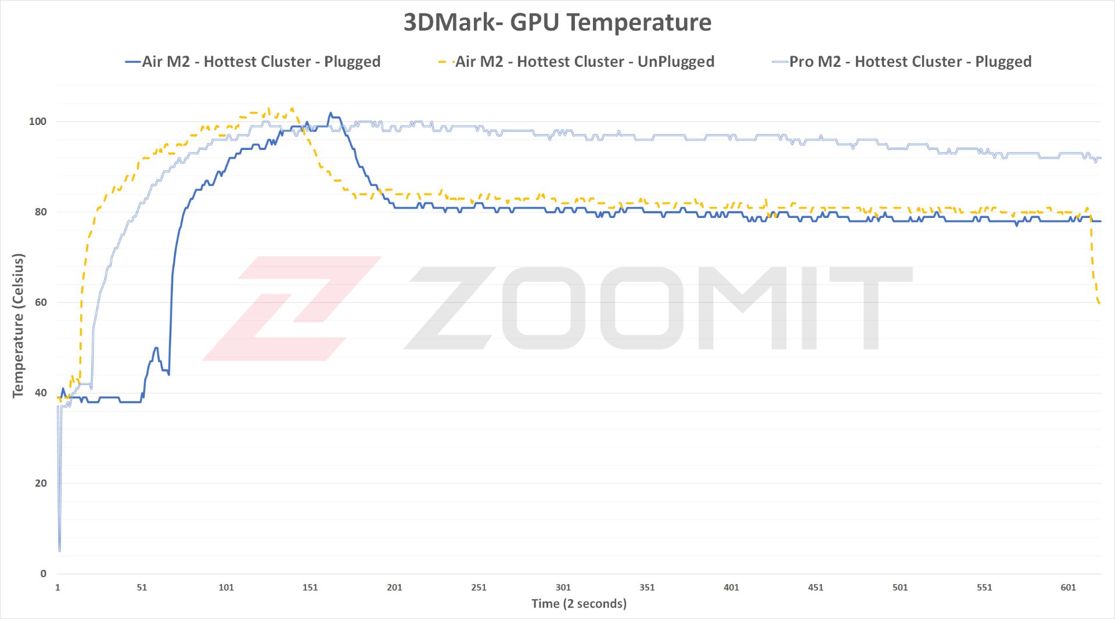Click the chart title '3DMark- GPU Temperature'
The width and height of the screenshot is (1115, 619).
557,23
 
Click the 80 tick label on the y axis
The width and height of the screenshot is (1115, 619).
41,212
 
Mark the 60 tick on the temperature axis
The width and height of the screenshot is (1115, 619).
41,302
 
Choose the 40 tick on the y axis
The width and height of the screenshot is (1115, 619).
41,393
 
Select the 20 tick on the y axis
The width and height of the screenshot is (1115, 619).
41,483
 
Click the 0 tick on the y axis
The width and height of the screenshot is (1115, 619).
44,574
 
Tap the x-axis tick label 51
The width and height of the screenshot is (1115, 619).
142,587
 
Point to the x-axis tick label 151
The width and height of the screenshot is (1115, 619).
310,587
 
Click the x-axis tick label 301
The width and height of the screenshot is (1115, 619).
563,587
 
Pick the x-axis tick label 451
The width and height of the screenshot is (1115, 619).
815,587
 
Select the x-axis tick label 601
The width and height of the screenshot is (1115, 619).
1068,587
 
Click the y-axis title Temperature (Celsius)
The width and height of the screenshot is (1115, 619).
18,325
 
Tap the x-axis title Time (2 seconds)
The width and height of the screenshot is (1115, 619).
579,603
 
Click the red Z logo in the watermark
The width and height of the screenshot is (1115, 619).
290,308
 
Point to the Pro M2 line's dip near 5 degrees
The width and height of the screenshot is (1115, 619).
60,549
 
